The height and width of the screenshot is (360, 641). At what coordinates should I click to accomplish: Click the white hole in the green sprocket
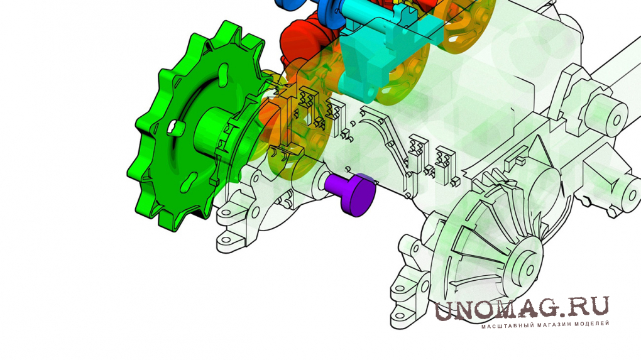pos(173,126)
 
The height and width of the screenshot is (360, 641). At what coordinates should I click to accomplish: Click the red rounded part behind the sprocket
pos(300,46)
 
